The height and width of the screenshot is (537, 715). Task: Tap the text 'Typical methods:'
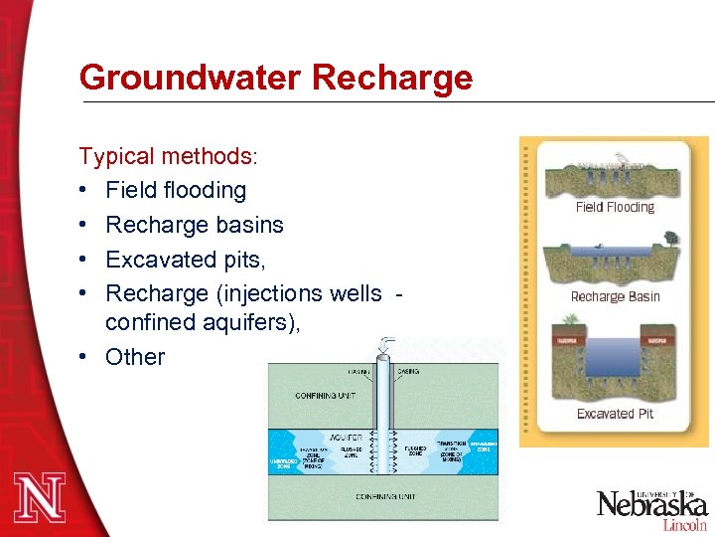pyautogui.click(x=169, y=156)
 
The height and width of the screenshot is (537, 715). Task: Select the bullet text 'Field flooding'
pyautogui.click(x=176, y=190)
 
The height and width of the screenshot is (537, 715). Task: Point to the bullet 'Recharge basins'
pyautogui.click(x=195, y=225)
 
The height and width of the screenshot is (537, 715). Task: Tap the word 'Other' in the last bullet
pyautogui.click(x=135, y=357)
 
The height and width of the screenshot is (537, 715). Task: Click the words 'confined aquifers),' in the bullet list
pyautogui.click(x=203, y=323)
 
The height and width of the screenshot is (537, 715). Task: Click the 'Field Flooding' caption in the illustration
pyautogui.click(x=615, y=208)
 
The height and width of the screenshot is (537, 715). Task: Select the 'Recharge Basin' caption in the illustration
pyautogui.click(x=615, y=296)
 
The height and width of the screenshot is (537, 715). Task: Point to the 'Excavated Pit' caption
pyautogui.click(x=615, y=414)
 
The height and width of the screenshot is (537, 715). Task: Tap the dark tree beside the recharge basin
pyautogui.click(x=673, y=239)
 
